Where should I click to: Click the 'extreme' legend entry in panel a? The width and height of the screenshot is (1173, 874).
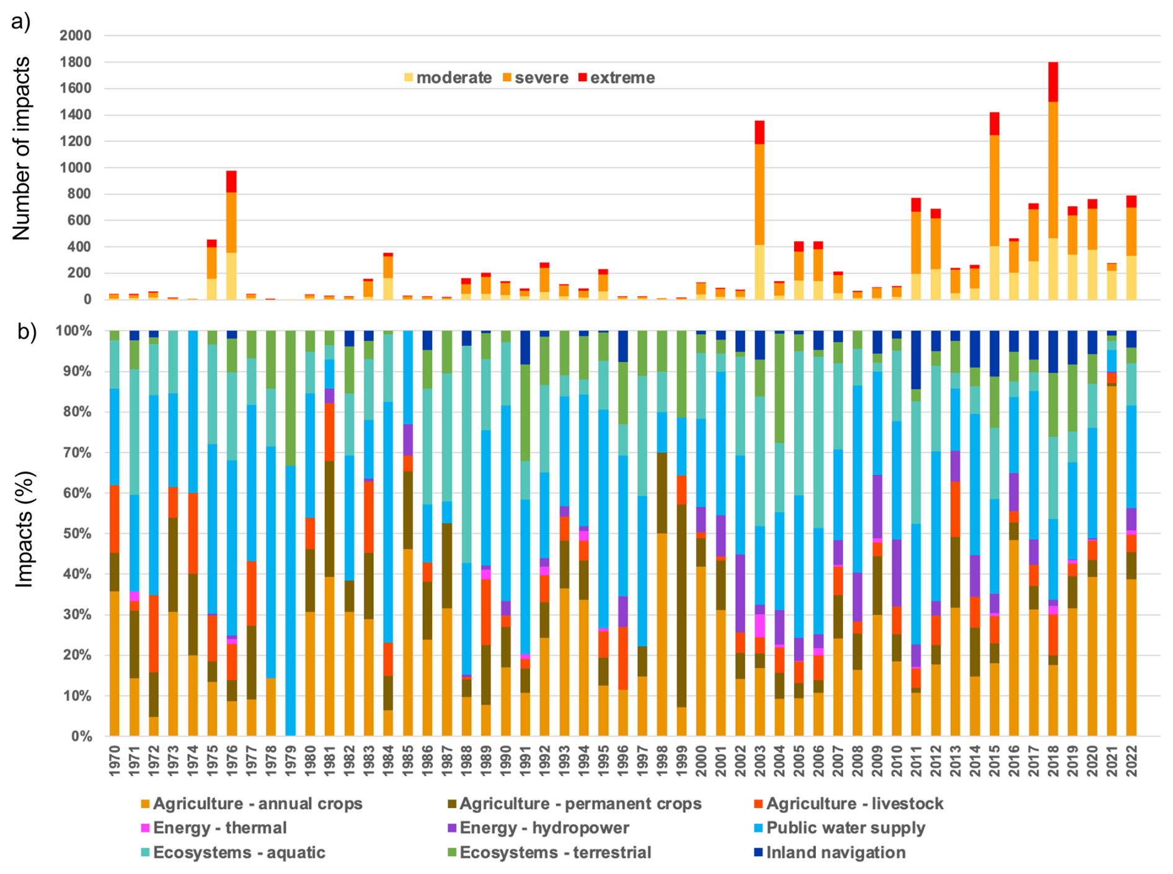(616, 78)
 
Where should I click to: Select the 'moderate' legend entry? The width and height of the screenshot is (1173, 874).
(448, 78)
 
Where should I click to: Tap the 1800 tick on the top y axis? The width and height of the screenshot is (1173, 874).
(75, 62)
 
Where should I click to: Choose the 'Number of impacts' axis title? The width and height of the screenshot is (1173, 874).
(22, 149)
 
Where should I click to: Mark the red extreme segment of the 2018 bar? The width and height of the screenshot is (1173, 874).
(1053, 82)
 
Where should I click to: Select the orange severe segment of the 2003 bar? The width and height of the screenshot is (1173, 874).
(759, 194)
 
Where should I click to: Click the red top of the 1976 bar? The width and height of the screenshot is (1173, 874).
(231, 182)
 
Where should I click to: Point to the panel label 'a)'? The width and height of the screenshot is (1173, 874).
(20, 22)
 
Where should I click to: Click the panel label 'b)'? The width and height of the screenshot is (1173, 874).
(27, 332)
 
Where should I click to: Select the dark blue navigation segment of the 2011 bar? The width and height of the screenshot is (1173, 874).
(916, 360)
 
